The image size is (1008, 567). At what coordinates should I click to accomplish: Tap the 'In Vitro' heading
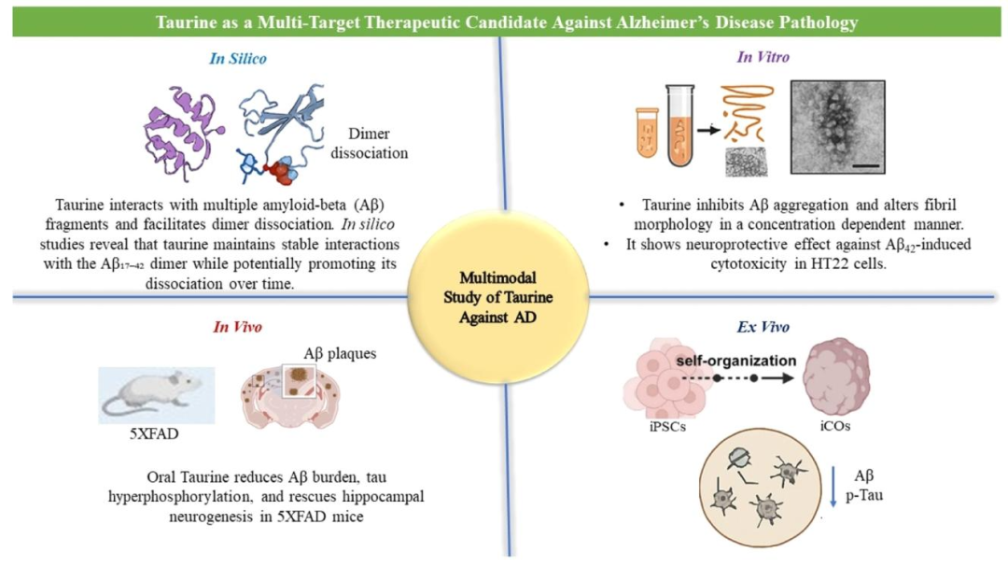pos(763,57)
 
